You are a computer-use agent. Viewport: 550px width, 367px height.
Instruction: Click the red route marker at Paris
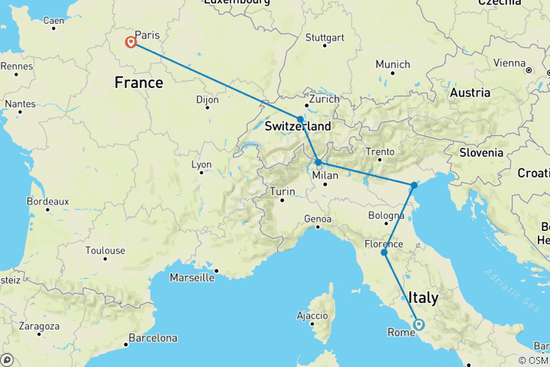coord(131,43)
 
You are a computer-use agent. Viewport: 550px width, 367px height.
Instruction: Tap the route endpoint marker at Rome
coord(419,324)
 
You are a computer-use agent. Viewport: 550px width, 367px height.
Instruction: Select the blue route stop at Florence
coord(384,252)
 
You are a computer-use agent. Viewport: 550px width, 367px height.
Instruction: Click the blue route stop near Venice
coord(414,185)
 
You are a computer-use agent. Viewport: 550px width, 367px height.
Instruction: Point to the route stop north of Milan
coord(318,162)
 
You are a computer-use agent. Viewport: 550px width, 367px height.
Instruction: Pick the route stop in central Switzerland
coord(301,119)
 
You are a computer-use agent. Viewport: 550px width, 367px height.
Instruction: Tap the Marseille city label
coord(190,278)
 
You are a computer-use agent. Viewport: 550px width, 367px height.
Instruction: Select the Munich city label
coord(393,64)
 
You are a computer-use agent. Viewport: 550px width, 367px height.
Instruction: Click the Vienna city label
coord(510,63)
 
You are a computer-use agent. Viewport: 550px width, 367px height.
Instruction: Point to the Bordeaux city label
coord(47,201)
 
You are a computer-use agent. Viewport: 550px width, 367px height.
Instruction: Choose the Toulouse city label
coord(105,250)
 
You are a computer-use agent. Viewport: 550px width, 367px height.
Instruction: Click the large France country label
coord(138,82)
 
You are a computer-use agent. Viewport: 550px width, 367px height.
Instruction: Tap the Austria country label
coord(470,93)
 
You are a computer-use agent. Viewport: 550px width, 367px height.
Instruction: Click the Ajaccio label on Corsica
coord(312,314)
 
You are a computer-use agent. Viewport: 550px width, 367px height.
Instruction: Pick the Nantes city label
coord(20,103)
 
